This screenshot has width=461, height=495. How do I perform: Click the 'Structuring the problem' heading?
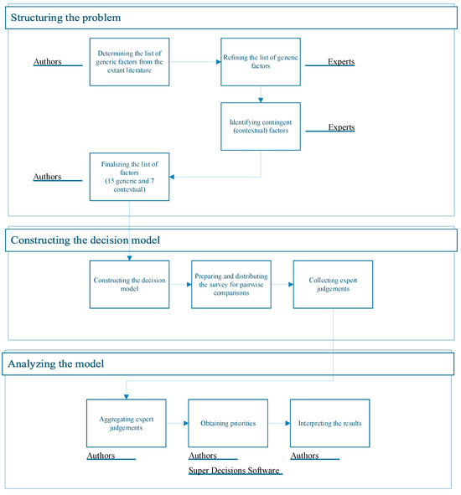click(65, 18)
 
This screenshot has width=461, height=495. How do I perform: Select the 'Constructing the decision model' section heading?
click(85, 240)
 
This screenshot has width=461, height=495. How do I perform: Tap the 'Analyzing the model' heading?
click(56, 364)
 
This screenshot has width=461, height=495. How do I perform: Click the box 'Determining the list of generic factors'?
click(130, 62)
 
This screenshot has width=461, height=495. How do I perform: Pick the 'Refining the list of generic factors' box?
click(261, 62)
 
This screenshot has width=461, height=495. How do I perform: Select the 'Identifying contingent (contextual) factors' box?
click(261, 126)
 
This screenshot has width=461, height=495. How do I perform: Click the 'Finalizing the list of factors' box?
click(130, 177)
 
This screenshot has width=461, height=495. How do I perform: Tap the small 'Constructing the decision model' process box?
click(130, 285)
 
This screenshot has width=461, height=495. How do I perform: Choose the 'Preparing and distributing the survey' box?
click(231, 285)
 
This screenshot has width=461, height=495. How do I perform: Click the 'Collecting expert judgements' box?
click(333, 285)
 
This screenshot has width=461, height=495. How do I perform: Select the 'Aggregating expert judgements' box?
click(127, 423)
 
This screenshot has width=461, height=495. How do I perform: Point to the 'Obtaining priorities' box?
click(228, 423)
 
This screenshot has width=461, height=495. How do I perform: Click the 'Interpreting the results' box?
click(330, 423)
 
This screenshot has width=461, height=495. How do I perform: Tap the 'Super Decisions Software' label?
click(234, 471)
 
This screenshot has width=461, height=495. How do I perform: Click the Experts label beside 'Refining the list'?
click(341, 61)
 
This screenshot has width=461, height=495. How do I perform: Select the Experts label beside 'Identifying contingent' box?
click(342, 127)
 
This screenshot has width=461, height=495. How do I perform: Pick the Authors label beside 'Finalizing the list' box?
click(48, 177)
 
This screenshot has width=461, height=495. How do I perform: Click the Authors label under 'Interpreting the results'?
click(304, 456)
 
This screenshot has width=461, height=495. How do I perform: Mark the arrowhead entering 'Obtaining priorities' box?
click(186, 423)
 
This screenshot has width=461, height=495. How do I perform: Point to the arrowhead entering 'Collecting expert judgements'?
click(291, 285)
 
